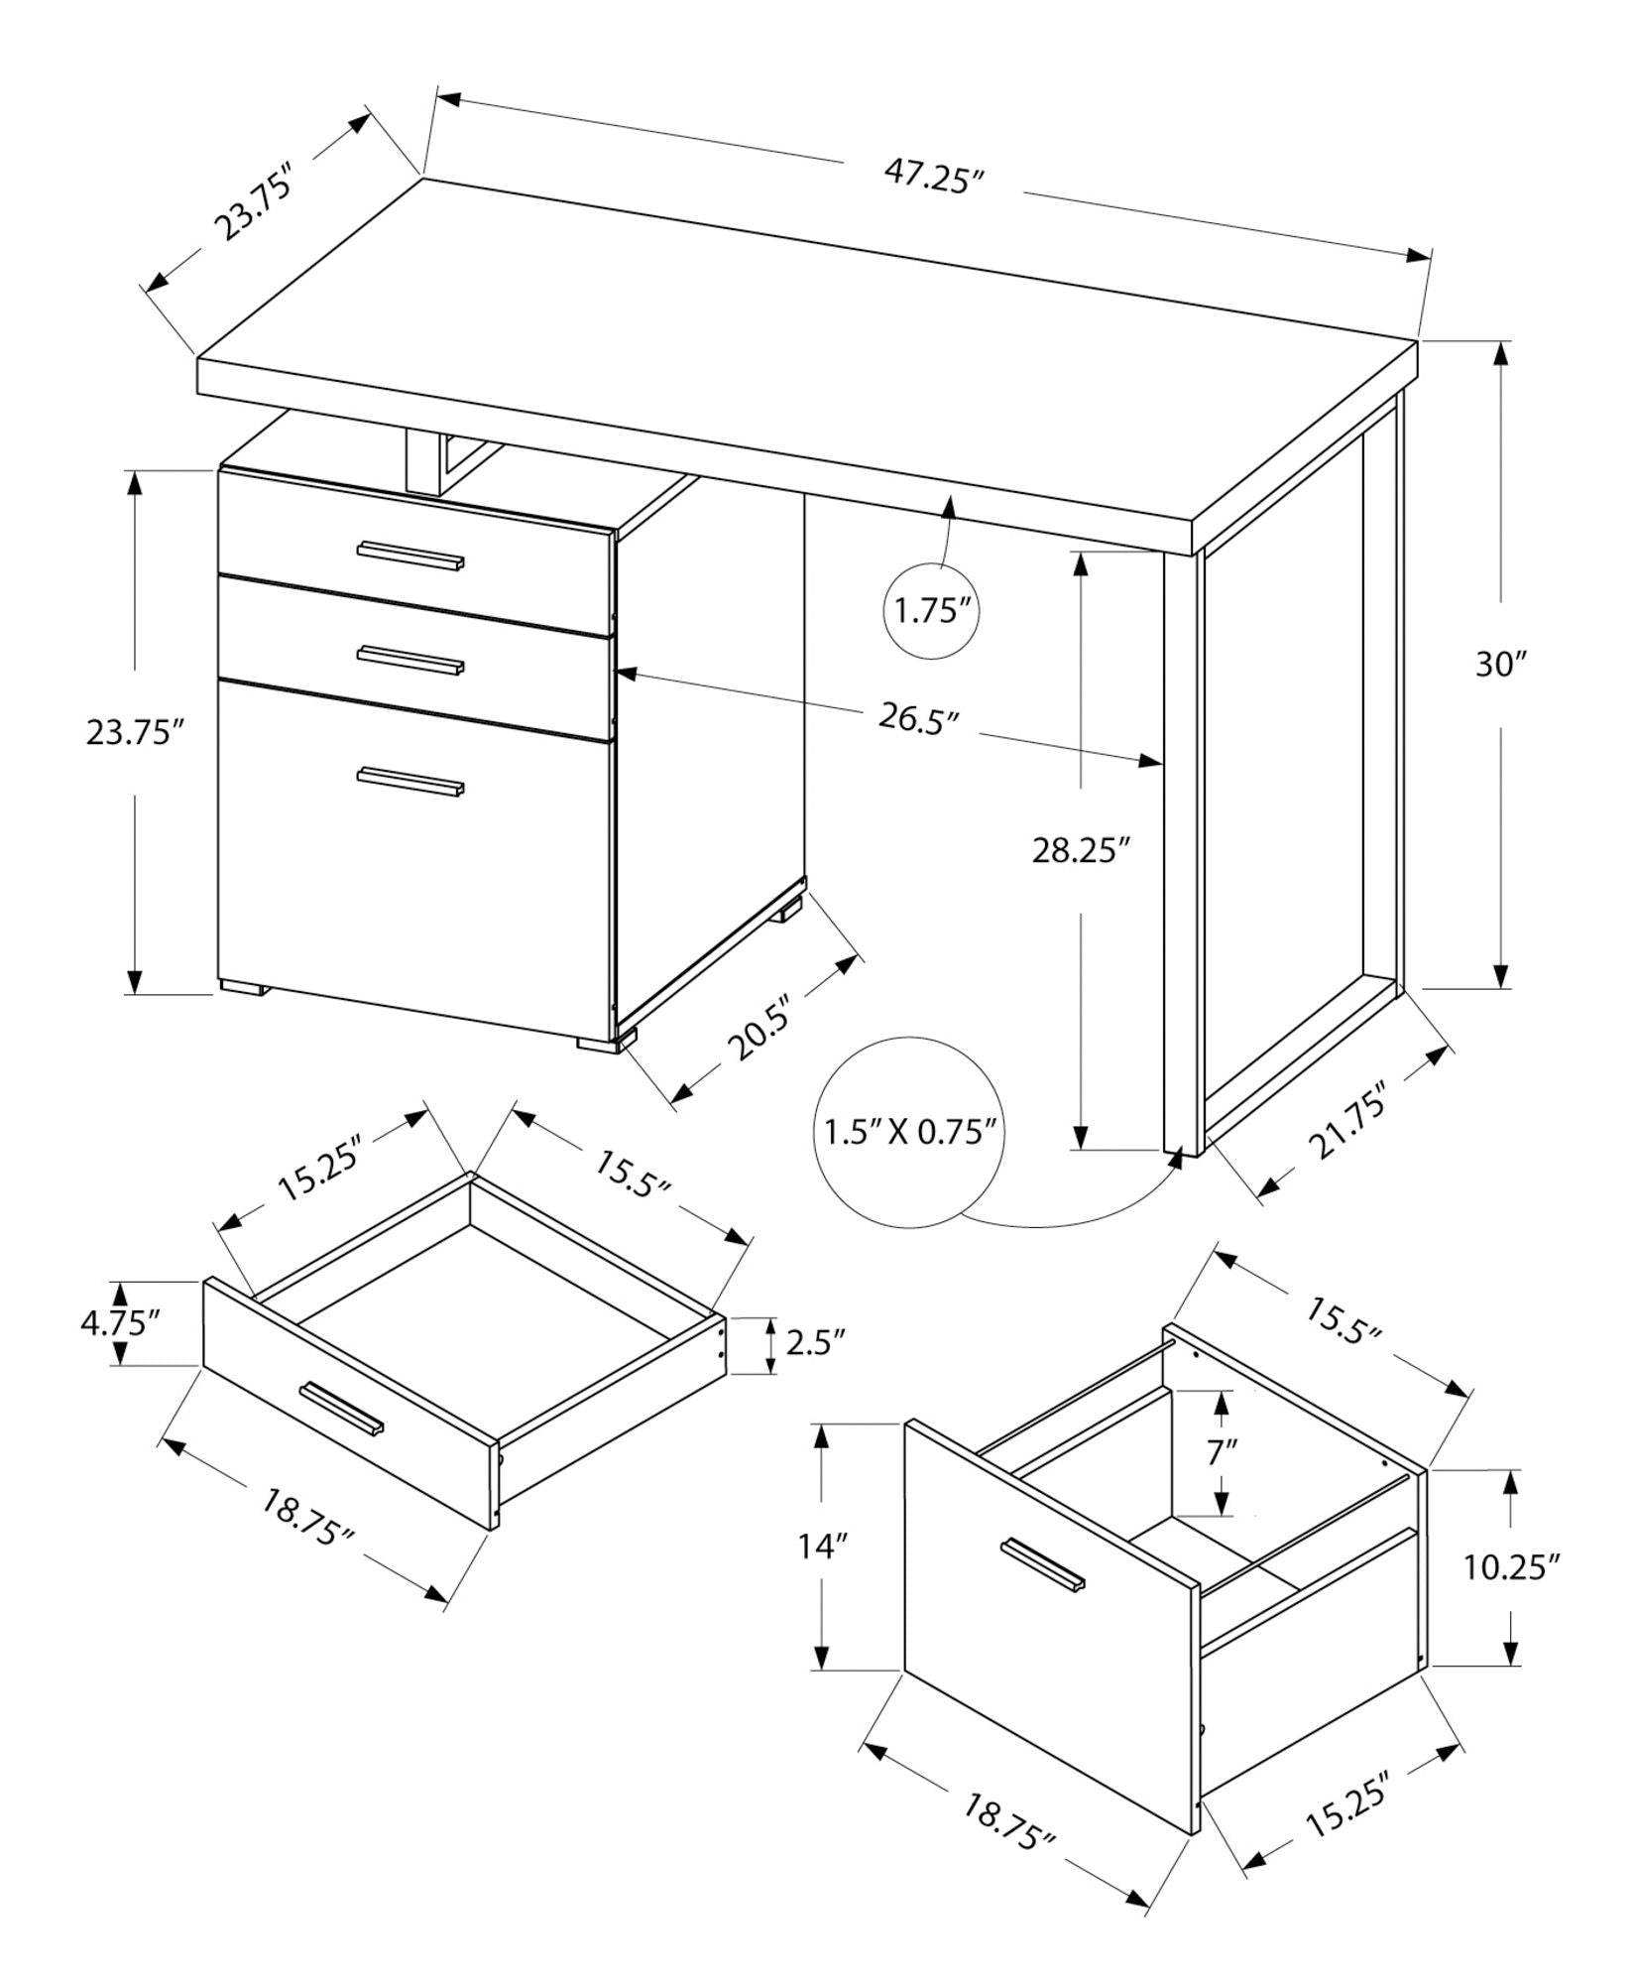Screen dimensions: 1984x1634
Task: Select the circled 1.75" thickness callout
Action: pos(931,610)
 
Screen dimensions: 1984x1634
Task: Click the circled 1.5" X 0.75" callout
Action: pos(908,1132)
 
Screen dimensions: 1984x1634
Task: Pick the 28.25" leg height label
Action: pos(1082,850)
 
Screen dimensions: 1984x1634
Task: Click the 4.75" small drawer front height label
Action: pos(120,1323)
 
